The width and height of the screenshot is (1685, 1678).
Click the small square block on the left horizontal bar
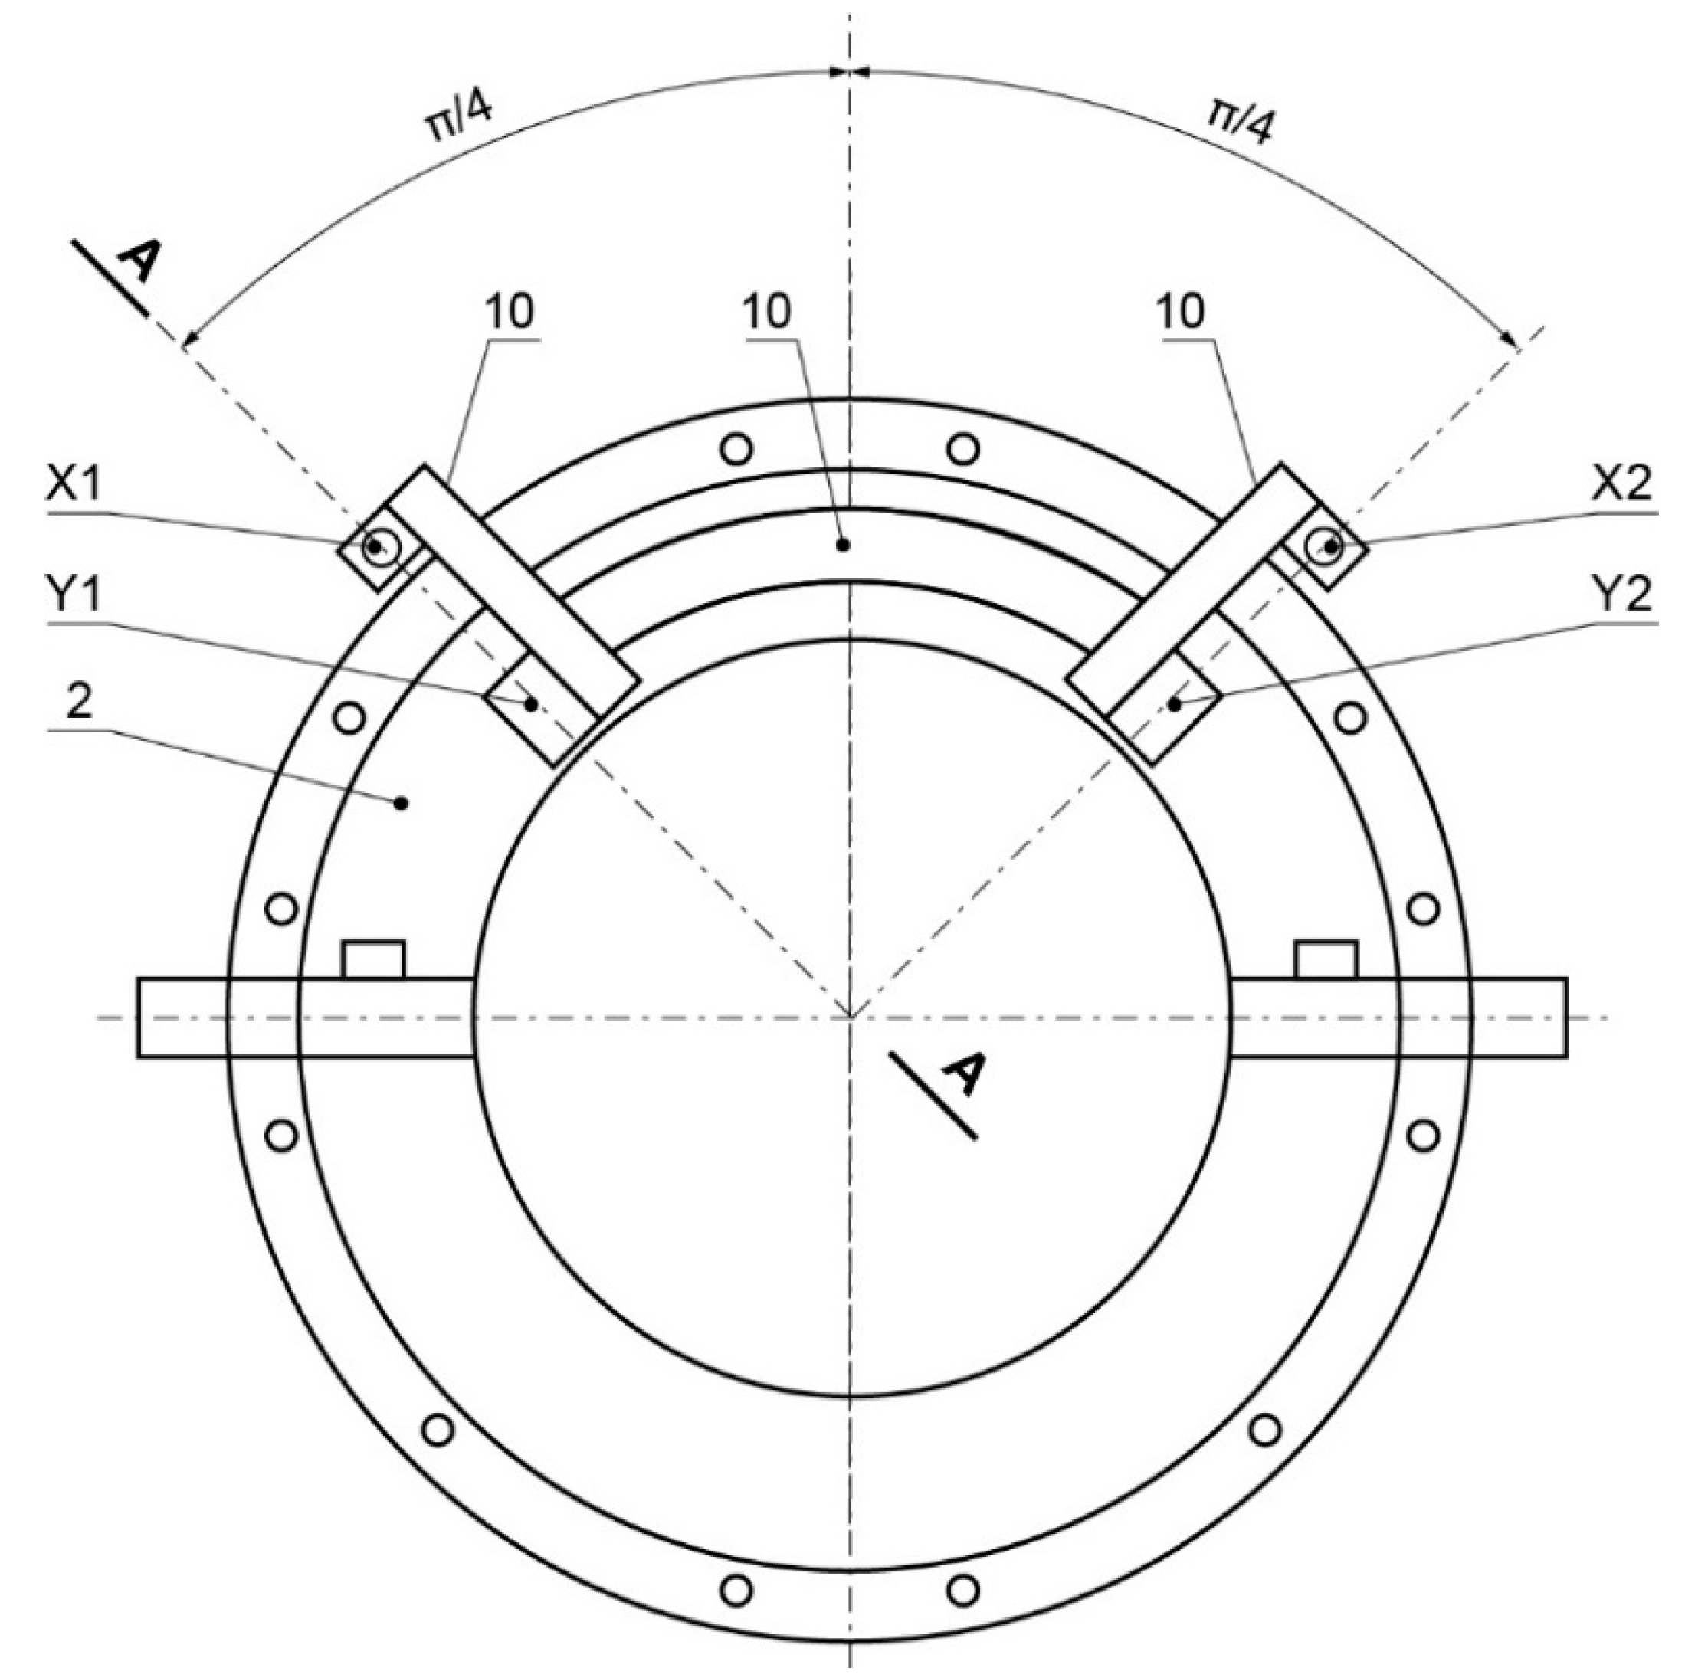[x=374, y=959]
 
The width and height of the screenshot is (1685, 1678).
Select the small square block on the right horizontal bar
[x=1326, y=959]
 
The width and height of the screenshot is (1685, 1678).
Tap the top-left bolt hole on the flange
[x=737, y=449]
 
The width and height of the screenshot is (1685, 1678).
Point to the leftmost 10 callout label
[x=510, y=311]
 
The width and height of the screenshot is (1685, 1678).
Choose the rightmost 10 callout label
[x=1182, y=311]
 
